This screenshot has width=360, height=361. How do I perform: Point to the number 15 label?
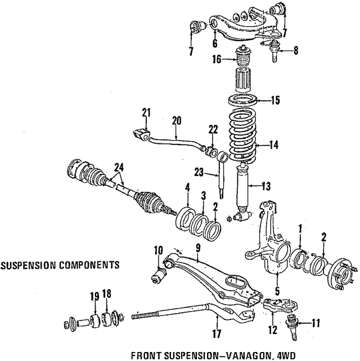pyautogui.click(x=274, y=101)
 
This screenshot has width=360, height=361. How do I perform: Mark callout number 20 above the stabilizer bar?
pyautogui.click(x=176, y=120)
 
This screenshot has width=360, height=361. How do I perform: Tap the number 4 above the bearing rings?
pyautogui.click(x=187, y=187)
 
